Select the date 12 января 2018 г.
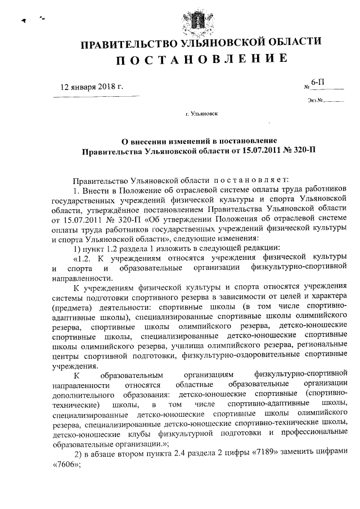(91, 87)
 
